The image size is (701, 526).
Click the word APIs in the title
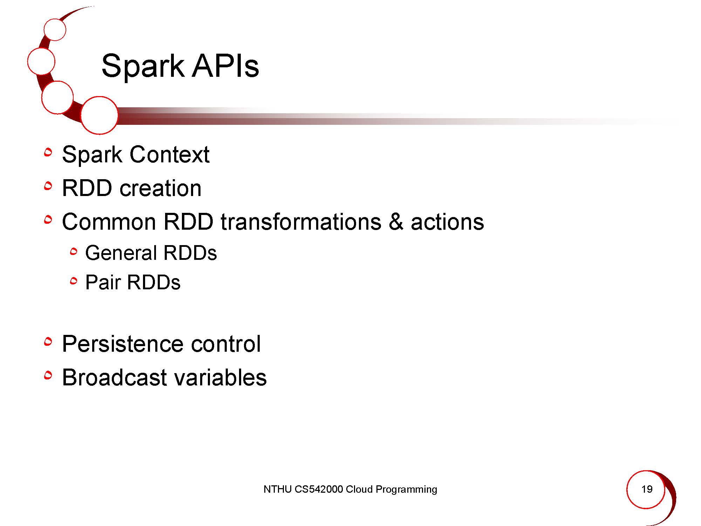[226, 66]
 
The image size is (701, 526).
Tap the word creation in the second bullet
[161, 188]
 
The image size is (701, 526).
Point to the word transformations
[301, 222]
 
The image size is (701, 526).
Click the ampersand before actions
[396, 222]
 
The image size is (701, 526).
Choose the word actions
[447, 222]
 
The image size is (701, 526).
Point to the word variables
[220, 378]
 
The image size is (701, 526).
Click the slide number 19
[647, 489]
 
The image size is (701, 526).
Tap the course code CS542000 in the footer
[319, 489]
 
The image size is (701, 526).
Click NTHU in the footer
[278, 489]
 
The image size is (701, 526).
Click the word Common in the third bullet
[109, 222]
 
